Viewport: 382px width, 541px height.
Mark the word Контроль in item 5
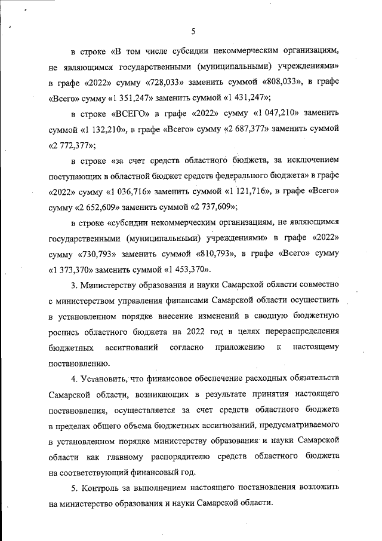click(103, 488)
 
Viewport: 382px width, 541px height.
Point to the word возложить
click(318, 488)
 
